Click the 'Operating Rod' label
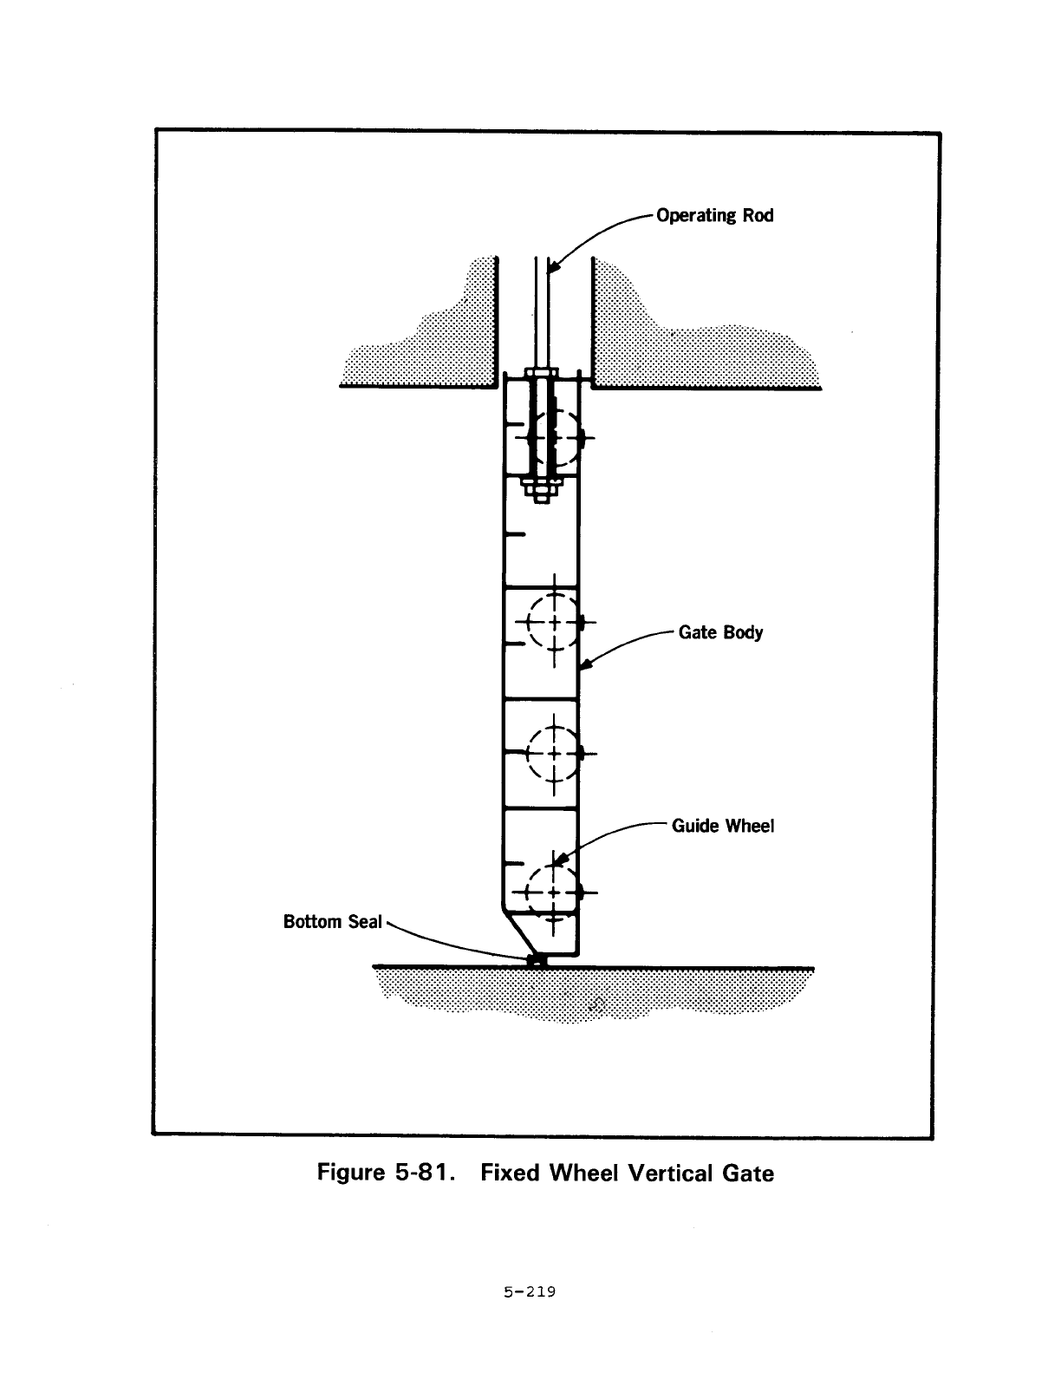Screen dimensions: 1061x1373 [x=714, y=216]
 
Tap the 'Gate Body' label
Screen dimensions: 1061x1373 [x=720, y=632]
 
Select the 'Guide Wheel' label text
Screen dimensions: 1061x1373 [x=723, y=826]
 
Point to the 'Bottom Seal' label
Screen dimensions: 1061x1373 [x=332, y=922]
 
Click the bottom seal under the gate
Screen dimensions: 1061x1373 [x=537, y=960]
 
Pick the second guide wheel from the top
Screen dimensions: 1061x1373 [x=553, y=622]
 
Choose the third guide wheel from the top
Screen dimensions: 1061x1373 [x=553, y=754]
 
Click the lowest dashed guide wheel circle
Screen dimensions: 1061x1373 [x=553, y=892]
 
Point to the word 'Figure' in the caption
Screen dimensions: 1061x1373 [x=351, y=1174]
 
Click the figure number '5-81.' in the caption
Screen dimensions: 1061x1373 [x=425, y=1173]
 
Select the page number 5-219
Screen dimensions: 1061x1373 [x=530, y=1292]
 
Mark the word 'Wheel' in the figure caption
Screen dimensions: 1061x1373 [x=583, y=1174]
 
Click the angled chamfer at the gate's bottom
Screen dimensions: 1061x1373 [x=517, y=932]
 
